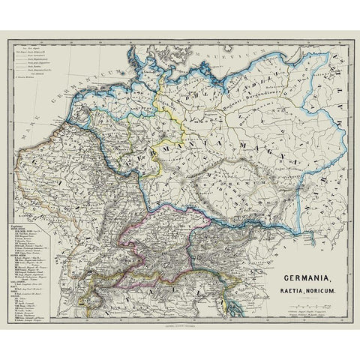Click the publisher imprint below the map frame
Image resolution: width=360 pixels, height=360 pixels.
(x=180, y=319)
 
